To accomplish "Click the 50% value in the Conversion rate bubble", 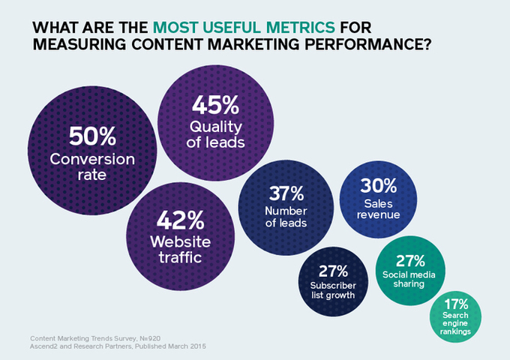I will coord(92,137).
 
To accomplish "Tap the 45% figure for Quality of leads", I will coord(216,104).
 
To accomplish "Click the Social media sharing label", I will coord(410,281).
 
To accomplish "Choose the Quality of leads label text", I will coord(216,133).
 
